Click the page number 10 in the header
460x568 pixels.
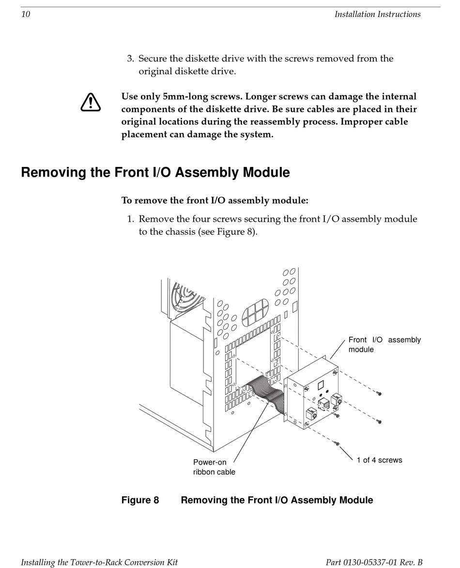(x=26, y=14)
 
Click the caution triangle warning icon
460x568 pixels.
(x=91, y=102)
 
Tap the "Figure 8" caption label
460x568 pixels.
(x=140, y=500)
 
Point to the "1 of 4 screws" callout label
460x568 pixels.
(x=379, y=460)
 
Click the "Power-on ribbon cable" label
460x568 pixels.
(x=214, y=467)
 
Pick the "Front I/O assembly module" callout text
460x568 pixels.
(x=384, y=344)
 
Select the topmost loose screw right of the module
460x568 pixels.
(x=379, y=393)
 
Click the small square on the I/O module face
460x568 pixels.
(x=321, y=385)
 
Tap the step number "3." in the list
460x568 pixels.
(x=131, y=58)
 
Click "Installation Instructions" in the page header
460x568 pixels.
(x=378, y=14)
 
